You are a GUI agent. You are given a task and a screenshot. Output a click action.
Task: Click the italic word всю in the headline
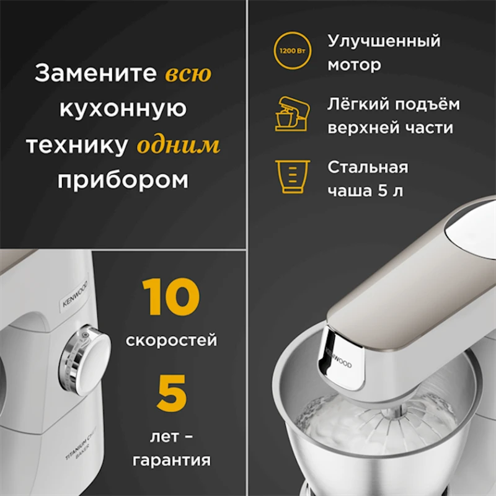188,74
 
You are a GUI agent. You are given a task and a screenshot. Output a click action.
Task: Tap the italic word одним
179,145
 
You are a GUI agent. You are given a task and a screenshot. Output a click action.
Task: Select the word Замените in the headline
96,74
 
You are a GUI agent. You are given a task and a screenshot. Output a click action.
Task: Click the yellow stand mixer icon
289,113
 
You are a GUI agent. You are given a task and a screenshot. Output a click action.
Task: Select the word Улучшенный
384,42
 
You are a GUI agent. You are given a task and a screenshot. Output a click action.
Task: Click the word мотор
354,64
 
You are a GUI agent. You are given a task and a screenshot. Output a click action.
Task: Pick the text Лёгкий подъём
393,104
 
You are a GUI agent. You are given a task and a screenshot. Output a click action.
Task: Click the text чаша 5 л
365,190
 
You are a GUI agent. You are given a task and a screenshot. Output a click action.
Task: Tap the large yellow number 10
170,298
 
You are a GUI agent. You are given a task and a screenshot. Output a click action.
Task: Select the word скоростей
171,340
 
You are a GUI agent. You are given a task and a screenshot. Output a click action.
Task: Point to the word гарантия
170,461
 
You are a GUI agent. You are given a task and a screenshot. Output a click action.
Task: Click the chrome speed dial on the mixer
84,362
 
